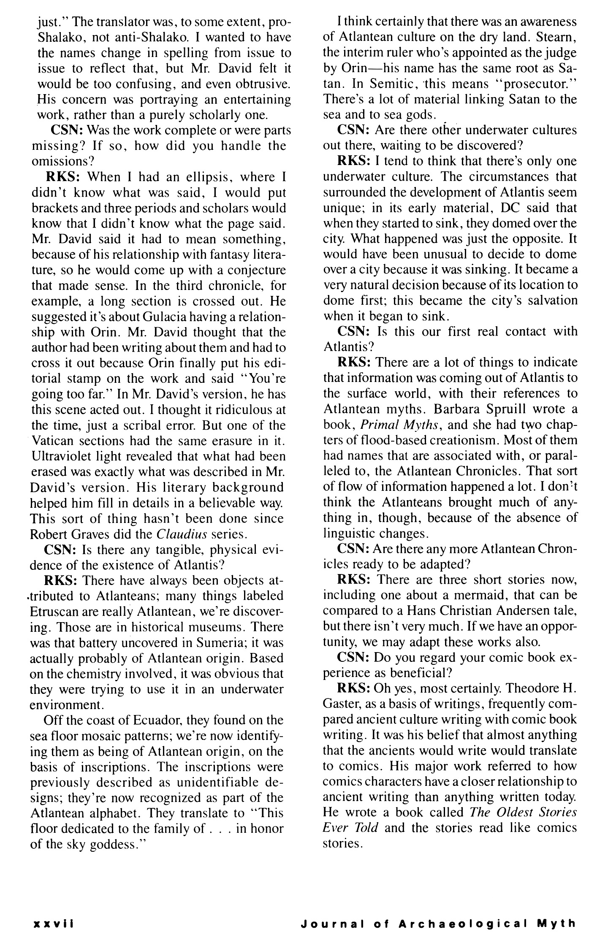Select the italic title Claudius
point(181,534)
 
